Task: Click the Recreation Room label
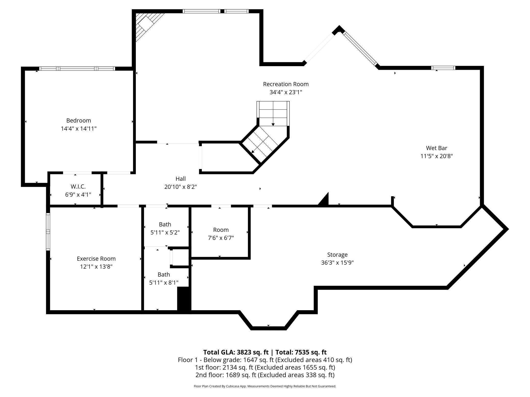286,84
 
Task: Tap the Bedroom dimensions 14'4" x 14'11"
78,129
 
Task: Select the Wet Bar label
436,148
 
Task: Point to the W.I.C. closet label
78,187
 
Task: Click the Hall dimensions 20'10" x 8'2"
180,187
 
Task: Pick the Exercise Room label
96,259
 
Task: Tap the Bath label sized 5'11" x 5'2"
165,224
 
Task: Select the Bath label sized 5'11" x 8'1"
164,275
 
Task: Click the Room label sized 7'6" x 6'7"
221,230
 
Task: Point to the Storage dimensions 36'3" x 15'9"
337,263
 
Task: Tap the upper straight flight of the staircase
273,113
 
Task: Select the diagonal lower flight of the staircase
264,144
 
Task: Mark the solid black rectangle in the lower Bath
184,299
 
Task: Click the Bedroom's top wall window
77,68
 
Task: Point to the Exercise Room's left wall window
48,232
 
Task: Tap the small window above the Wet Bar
443,68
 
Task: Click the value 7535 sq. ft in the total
310,352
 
